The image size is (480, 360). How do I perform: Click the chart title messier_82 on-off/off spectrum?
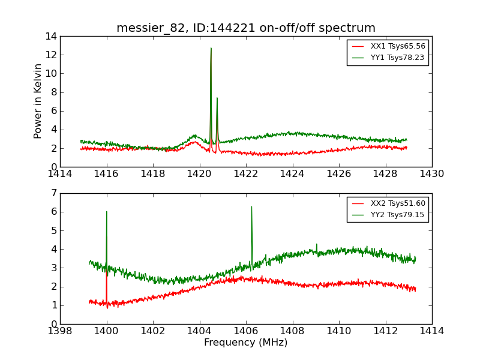[x=246, y=28]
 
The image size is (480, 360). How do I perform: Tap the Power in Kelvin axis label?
[x=38, y=101]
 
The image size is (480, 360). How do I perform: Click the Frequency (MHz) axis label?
[x=246, y=343]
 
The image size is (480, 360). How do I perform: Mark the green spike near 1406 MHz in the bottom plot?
[x=251, y=208]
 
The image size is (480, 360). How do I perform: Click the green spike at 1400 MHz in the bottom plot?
[x=107, y=212]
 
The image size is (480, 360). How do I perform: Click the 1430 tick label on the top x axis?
[x=432, y=174]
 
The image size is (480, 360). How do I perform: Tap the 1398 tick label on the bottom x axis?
[x=60, y=331]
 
